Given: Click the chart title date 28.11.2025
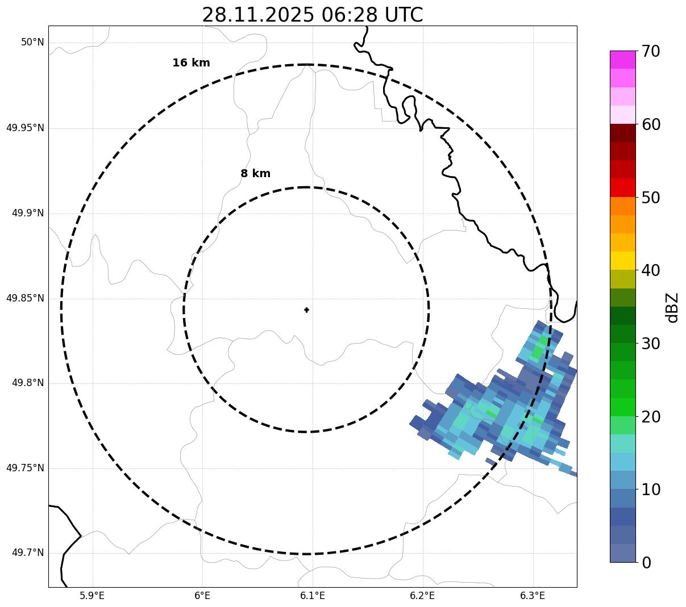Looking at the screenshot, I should [x=257, y=15].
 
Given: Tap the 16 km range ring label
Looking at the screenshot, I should [x=191, y=63].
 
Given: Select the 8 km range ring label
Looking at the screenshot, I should [x=255, y=174].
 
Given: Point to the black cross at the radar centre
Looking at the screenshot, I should [x=307, y=310].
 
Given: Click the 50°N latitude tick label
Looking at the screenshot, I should [x=32, y=43].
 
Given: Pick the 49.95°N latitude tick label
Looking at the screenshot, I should [x=25, y=128].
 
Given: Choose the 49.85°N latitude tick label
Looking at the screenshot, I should [x=25, y=298].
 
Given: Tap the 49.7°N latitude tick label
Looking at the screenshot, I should [x=28, y=553].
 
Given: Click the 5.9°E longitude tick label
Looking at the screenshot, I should [x=92, y=596].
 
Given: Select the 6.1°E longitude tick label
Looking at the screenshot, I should [x=313, y=596].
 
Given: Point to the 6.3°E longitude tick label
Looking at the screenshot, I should [x=533, y=596].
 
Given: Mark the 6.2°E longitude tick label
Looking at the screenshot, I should [x=422, y=596].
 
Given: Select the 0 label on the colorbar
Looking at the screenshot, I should [x=647, y=563].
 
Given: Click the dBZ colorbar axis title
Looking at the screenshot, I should [x=672, y=308].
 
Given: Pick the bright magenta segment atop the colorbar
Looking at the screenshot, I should [x=622, y=60].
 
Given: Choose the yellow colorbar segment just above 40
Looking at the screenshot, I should [x=622, y=261].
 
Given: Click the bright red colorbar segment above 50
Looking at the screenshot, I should [x=622, y=187].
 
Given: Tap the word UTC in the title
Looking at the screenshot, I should [x=404, y=15].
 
